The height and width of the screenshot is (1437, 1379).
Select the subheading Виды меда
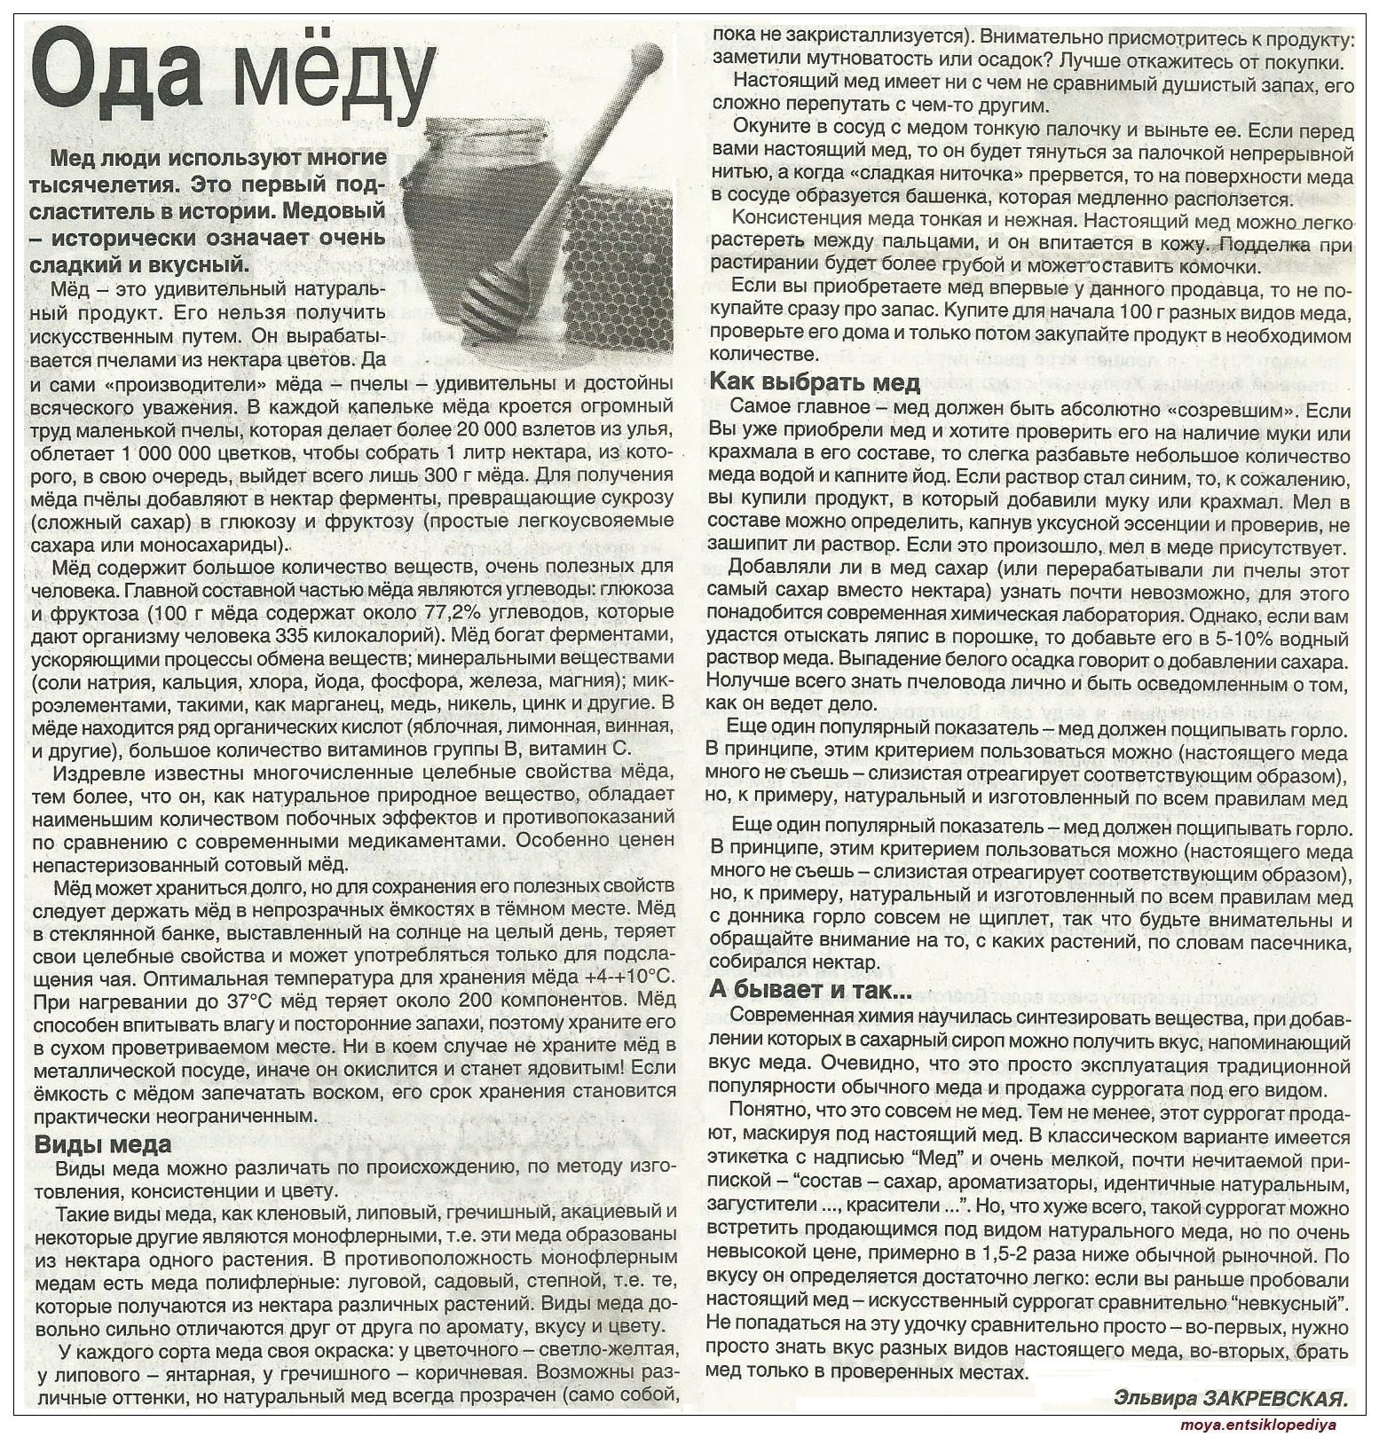point(103,1143)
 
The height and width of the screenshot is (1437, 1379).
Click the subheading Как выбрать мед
point(815,384)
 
